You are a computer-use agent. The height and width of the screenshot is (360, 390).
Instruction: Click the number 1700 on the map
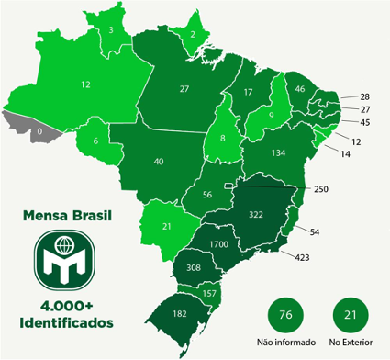tap(219, 244)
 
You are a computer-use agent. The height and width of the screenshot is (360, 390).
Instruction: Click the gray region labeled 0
tap(38, 132)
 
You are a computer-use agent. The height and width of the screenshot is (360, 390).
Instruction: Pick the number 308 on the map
tap(194, 267)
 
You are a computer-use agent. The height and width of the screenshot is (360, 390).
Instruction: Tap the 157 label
tap(210, 293)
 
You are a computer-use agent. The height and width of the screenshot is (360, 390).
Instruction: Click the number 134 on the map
tap(279, 152)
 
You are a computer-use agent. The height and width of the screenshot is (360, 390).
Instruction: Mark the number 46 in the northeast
tap(301, 89)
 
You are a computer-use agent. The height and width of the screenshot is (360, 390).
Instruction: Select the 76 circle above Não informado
tap(285, 315)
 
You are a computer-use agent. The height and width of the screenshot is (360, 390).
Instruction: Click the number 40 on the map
tap(159, 162)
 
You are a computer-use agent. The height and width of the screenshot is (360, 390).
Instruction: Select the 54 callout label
tap(315, 231)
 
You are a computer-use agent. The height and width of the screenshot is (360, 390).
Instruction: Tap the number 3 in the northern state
tap(111, 30)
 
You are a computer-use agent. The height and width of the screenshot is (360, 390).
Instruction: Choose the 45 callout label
tap(365, 122)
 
